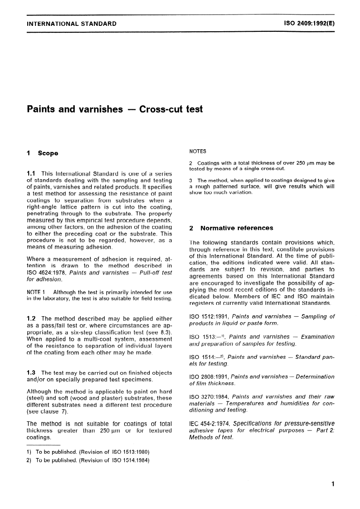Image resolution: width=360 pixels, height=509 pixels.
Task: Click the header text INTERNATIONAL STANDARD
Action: click(x=71, y=24)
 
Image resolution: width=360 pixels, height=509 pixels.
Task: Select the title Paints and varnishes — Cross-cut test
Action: click(x=115, y=109)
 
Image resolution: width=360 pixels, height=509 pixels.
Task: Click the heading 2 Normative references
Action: click(x=231, y=228)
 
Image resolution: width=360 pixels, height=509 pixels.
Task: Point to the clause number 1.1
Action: click(x=32, y=174)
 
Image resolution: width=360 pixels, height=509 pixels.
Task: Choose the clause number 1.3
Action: click(x=32, y=373)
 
